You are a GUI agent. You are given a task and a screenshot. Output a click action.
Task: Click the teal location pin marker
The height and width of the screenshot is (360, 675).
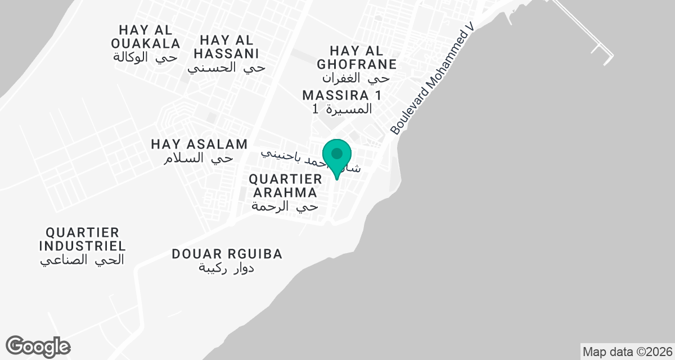[x=337, y=155]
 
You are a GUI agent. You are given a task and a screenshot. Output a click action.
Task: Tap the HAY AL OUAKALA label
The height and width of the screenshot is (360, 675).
[x=146, y=36]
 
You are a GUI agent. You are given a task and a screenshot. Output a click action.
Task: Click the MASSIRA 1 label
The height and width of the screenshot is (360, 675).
[x=341, y=94]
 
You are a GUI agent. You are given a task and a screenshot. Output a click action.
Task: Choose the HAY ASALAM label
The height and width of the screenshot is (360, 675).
[x=199, y=145]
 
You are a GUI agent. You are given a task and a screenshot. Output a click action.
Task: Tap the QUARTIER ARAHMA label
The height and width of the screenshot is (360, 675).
[x=285, y=186]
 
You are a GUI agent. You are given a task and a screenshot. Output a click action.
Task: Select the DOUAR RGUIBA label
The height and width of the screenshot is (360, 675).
[x=227, y=254]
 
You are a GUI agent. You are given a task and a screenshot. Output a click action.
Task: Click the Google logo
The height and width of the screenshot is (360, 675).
[x=38, y=346]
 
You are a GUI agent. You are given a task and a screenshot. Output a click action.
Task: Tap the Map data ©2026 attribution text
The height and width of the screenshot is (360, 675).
[x=626, y=352]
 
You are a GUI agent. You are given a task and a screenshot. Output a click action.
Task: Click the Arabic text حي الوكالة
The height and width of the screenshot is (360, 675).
[x=146, y=57]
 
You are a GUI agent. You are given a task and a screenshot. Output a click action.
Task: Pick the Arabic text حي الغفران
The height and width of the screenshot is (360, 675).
[x=355, y=78]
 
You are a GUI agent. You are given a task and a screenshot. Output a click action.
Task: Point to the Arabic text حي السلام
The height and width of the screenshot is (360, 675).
[x=198, y=159]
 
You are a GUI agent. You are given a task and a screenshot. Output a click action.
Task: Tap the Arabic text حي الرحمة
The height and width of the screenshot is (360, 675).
[x=285, y=206]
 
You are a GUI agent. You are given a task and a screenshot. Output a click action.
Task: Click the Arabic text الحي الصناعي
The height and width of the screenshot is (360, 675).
[x=82, y=260]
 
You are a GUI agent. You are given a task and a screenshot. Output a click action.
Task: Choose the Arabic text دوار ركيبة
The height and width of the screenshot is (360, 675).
[x=226, y=268]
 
